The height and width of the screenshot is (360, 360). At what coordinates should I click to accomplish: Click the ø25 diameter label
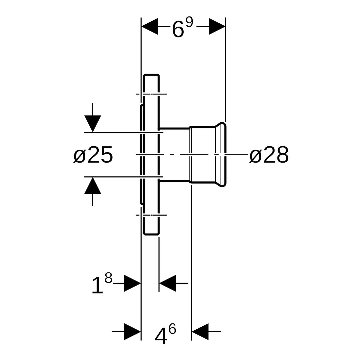point(93,155)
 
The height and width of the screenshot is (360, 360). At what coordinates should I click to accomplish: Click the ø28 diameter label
point(269,155)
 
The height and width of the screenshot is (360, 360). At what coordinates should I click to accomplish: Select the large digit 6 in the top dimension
point(178,29)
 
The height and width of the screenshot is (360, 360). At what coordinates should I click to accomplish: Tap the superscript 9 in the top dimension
point(189,22)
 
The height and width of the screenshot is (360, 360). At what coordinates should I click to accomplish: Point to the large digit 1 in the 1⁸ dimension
point(97,286)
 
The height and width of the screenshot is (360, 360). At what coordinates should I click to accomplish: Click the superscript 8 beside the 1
point(108,278)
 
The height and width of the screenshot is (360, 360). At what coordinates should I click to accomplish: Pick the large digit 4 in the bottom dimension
point(161,335)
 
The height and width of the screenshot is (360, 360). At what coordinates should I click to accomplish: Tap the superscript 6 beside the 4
point(172,329)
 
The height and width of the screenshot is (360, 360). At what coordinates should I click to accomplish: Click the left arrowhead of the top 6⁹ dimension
point(150,26)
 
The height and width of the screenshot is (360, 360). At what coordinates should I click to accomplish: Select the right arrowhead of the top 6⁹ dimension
point(217,26)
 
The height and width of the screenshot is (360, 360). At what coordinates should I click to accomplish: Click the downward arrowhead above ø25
point(93,123)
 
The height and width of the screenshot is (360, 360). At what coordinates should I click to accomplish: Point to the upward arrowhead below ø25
point(93,185)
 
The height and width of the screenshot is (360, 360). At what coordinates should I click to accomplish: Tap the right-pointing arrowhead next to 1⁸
point(132,283)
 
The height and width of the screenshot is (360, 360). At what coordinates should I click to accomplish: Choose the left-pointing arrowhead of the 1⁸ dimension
point(168,283)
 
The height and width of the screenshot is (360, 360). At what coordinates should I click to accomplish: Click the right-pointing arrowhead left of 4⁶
point(132,332)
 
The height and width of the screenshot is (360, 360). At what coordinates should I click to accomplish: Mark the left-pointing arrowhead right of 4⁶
point(200,332)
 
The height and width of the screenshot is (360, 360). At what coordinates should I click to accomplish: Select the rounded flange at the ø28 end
point(223,155)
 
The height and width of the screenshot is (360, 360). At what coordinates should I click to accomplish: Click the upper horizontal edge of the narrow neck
point(174,128)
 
